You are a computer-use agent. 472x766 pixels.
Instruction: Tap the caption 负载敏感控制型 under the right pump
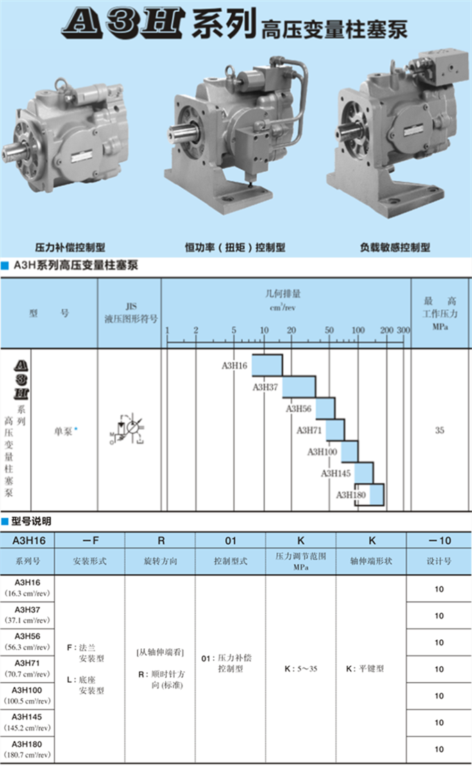pos(395,247)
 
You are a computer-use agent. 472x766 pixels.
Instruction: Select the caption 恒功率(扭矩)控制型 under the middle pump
pos(235,247)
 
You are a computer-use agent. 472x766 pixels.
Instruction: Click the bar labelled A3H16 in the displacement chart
pos(267,365)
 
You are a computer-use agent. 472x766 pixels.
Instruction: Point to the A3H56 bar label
pos(298,409)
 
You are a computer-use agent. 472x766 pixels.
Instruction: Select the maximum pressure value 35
pos(439,430)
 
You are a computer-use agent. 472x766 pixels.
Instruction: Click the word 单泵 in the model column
pos(63,430)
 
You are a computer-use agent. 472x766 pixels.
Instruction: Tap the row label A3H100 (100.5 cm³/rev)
pos(28,696)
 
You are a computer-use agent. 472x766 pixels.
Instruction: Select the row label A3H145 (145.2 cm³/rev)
pos(28,722)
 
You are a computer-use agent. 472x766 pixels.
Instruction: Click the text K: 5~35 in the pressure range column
pos(300,670)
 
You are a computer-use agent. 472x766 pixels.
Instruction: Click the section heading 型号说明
pos(31,521)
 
